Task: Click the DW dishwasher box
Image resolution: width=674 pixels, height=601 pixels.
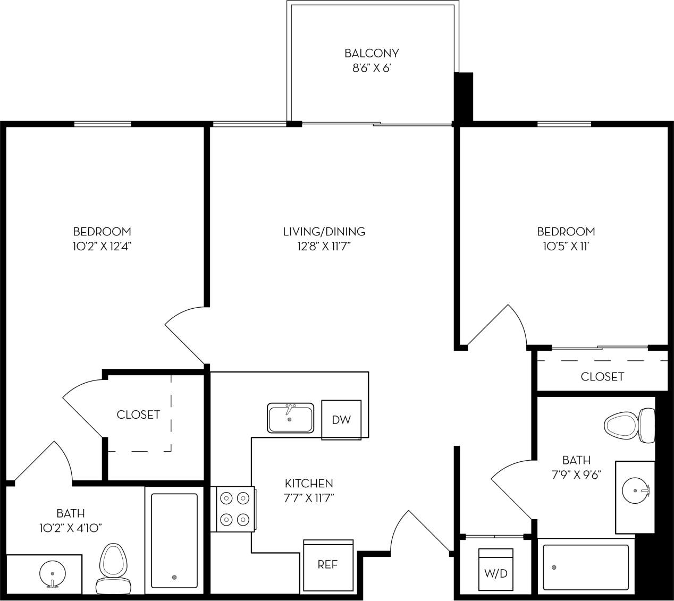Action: click(x=341, y=419)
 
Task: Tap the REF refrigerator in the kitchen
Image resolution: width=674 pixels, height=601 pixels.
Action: click(x=328, y=565)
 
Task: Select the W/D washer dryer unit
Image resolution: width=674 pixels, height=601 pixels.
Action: click(x=495, y=570)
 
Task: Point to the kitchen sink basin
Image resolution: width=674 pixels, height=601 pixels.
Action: click(x=290, y=418)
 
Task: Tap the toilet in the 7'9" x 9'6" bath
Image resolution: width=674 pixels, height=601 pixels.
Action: click(x=629, y=425)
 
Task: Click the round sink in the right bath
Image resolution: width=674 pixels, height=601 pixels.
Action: click(x=635, y=488)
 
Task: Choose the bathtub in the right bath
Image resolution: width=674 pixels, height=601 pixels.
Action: click(x=585, y=568)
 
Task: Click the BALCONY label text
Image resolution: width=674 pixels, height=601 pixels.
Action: click(x=371, y=53)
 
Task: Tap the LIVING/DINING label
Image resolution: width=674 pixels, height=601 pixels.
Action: click(x=324, y=232)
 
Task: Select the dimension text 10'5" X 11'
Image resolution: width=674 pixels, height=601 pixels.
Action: click(x=566, y=246)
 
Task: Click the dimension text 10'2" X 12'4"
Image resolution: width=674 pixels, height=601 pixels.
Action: click(x=102, y=246)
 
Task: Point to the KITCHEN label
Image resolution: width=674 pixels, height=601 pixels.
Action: click(x=309, y=484)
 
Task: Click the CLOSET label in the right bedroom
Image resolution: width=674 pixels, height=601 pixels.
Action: click(x=602, y=377)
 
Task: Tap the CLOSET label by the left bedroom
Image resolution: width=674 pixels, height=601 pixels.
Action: click(x=138, y=414)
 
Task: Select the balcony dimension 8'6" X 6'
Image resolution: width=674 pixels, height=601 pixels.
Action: click(x=371, y=68)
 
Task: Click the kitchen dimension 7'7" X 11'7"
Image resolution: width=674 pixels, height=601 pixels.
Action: click(x=309, y=498)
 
